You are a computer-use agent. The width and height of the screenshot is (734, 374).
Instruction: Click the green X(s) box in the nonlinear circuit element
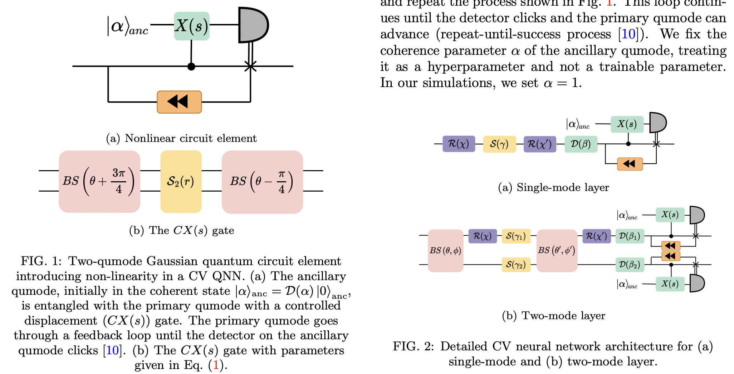[191, 26]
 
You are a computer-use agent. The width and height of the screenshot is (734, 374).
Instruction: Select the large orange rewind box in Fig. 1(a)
[179, 102]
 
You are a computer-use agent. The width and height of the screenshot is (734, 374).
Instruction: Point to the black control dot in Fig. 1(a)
[191, 66]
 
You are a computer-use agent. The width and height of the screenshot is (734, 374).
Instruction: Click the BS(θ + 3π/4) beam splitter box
[99, 181]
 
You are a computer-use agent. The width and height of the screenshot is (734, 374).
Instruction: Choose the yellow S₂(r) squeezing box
[181, 181]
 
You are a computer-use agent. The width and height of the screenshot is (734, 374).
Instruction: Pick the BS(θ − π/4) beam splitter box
[262, 182]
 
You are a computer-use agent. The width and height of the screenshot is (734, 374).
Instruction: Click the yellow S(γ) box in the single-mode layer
[499, 144]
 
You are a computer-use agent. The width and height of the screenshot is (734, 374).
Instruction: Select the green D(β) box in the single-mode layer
[581, 144]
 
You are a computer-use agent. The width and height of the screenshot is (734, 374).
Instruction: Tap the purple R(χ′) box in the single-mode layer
[540, 144]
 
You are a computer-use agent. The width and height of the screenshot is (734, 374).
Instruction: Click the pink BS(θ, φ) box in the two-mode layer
[445, 251]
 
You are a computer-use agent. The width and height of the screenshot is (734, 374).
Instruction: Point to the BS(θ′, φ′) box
[557, 250]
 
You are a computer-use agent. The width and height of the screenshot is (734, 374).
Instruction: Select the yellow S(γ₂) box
[516, 265]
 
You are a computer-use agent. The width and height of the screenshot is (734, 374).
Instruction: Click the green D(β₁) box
[630, 236]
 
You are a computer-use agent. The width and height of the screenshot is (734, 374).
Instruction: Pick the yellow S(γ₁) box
[516, 236]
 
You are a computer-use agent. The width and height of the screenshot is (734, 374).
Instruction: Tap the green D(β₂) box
[630, 265]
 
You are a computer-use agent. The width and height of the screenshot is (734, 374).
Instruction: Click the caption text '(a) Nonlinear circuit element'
[181, 138]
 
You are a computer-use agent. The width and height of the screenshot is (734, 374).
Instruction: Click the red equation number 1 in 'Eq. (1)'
[216, 365]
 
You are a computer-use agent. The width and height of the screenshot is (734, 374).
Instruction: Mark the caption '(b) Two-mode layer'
[553, 316]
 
